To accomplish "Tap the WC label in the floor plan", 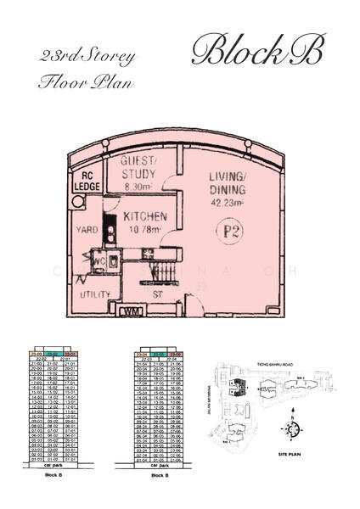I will click(99, 261).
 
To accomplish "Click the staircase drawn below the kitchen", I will click(154, 273).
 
